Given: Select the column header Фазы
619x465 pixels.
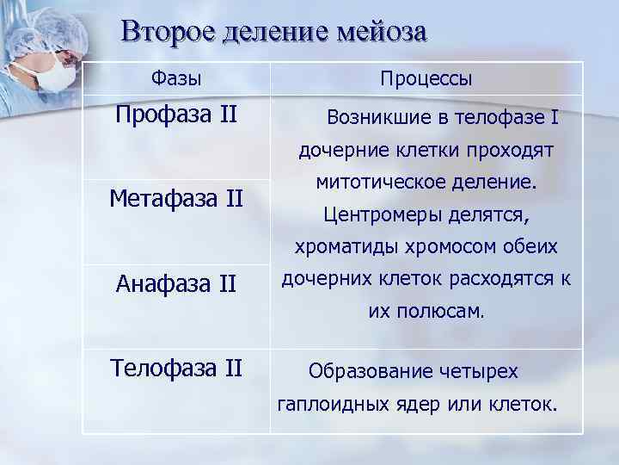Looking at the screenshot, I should coord(176,78).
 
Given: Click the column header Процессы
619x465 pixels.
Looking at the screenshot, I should coord(426,78).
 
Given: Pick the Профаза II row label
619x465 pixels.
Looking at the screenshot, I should coord(176,114).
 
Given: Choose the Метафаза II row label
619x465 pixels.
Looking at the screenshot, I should coord(176,200).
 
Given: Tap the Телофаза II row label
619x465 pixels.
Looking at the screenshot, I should coord(176,368).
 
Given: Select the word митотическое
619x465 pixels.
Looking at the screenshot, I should coord(372,183).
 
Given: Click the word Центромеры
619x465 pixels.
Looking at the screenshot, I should coord(376,214).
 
